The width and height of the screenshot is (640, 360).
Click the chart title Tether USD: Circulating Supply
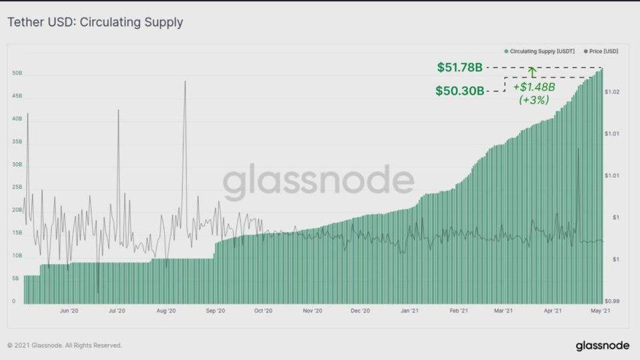click(95, 23)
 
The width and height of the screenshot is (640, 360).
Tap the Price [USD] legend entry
click(602, 50)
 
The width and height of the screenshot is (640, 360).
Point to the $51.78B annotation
click(460, 67)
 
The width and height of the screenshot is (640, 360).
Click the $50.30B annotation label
click(460, 90)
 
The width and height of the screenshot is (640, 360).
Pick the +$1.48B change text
click(534, 87)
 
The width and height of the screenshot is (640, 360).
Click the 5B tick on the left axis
click(15, 279)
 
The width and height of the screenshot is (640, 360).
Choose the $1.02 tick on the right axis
click(613, 92)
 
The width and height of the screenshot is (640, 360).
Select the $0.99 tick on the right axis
click(613, 301)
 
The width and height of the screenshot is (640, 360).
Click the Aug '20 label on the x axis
click(166, 311)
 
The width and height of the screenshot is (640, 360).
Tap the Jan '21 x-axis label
click(410, 311)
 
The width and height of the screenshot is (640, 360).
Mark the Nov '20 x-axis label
click(313, 311)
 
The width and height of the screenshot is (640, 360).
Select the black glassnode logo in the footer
click(602, 345)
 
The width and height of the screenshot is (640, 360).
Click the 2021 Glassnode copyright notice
click(65, 345)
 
